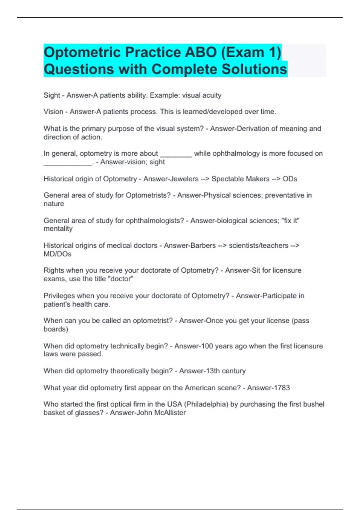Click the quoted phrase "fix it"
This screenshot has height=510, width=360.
click(x=292, y=221)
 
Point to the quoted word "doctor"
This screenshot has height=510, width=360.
click(x=121, y=279)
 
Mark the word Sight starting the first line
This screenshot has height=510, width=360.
click(x=52, y=95)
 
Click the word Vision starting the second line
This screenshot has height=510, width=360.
click(x=53, y=112)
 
